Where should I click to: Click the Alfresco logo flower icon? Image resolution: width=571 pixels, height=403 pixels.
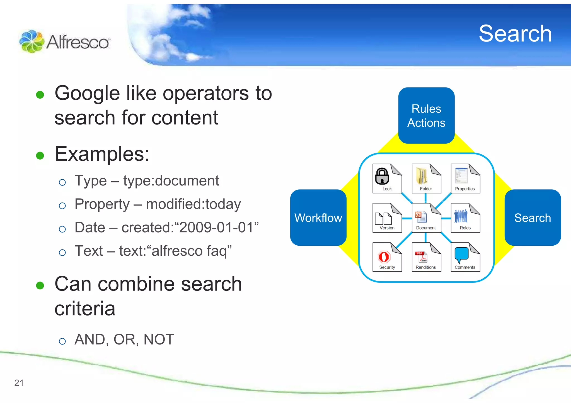(32, 41)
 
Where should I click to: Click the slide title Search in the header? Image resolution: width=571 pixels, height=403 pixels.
(515, 34)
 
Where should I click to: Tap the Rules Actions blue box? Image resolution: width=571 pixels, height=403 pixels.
(426, 116)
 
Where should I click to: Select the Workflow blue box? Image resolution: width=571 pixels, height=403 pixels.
(318, 218)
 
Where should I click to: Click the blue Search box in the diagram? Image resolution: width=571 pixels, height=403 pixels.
(532, 218)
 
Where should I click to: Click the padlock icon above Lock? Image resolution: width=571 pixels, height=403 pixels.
(382, 176)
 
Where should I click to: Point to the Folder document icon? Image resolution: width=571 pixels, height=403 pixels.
(426, 178)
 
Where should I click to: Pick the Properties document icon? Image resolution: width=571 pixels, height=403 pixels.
(465, 178)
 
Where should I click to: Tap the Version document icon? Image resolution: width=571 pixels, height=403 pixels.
(387, 218)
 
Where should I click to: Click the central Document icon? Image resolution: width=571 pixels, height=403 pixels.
(426, 218)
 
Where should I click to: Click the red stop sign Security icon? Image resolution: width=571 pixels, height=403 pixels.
(384, 257)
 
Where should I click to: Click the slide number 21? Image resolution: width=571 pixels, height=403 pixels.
(19, 383)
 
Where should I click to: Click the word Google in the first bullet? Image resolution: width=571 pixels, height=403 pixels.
(87, 93)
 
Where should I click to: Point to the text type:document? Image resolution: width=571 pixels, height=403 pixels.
(171, 181)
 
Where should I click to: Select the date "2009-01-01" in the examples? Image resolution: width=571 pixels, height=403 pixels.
(216, 227)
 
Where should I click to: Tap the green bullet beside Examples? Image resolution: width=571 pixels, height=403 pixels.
(40, 155)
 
